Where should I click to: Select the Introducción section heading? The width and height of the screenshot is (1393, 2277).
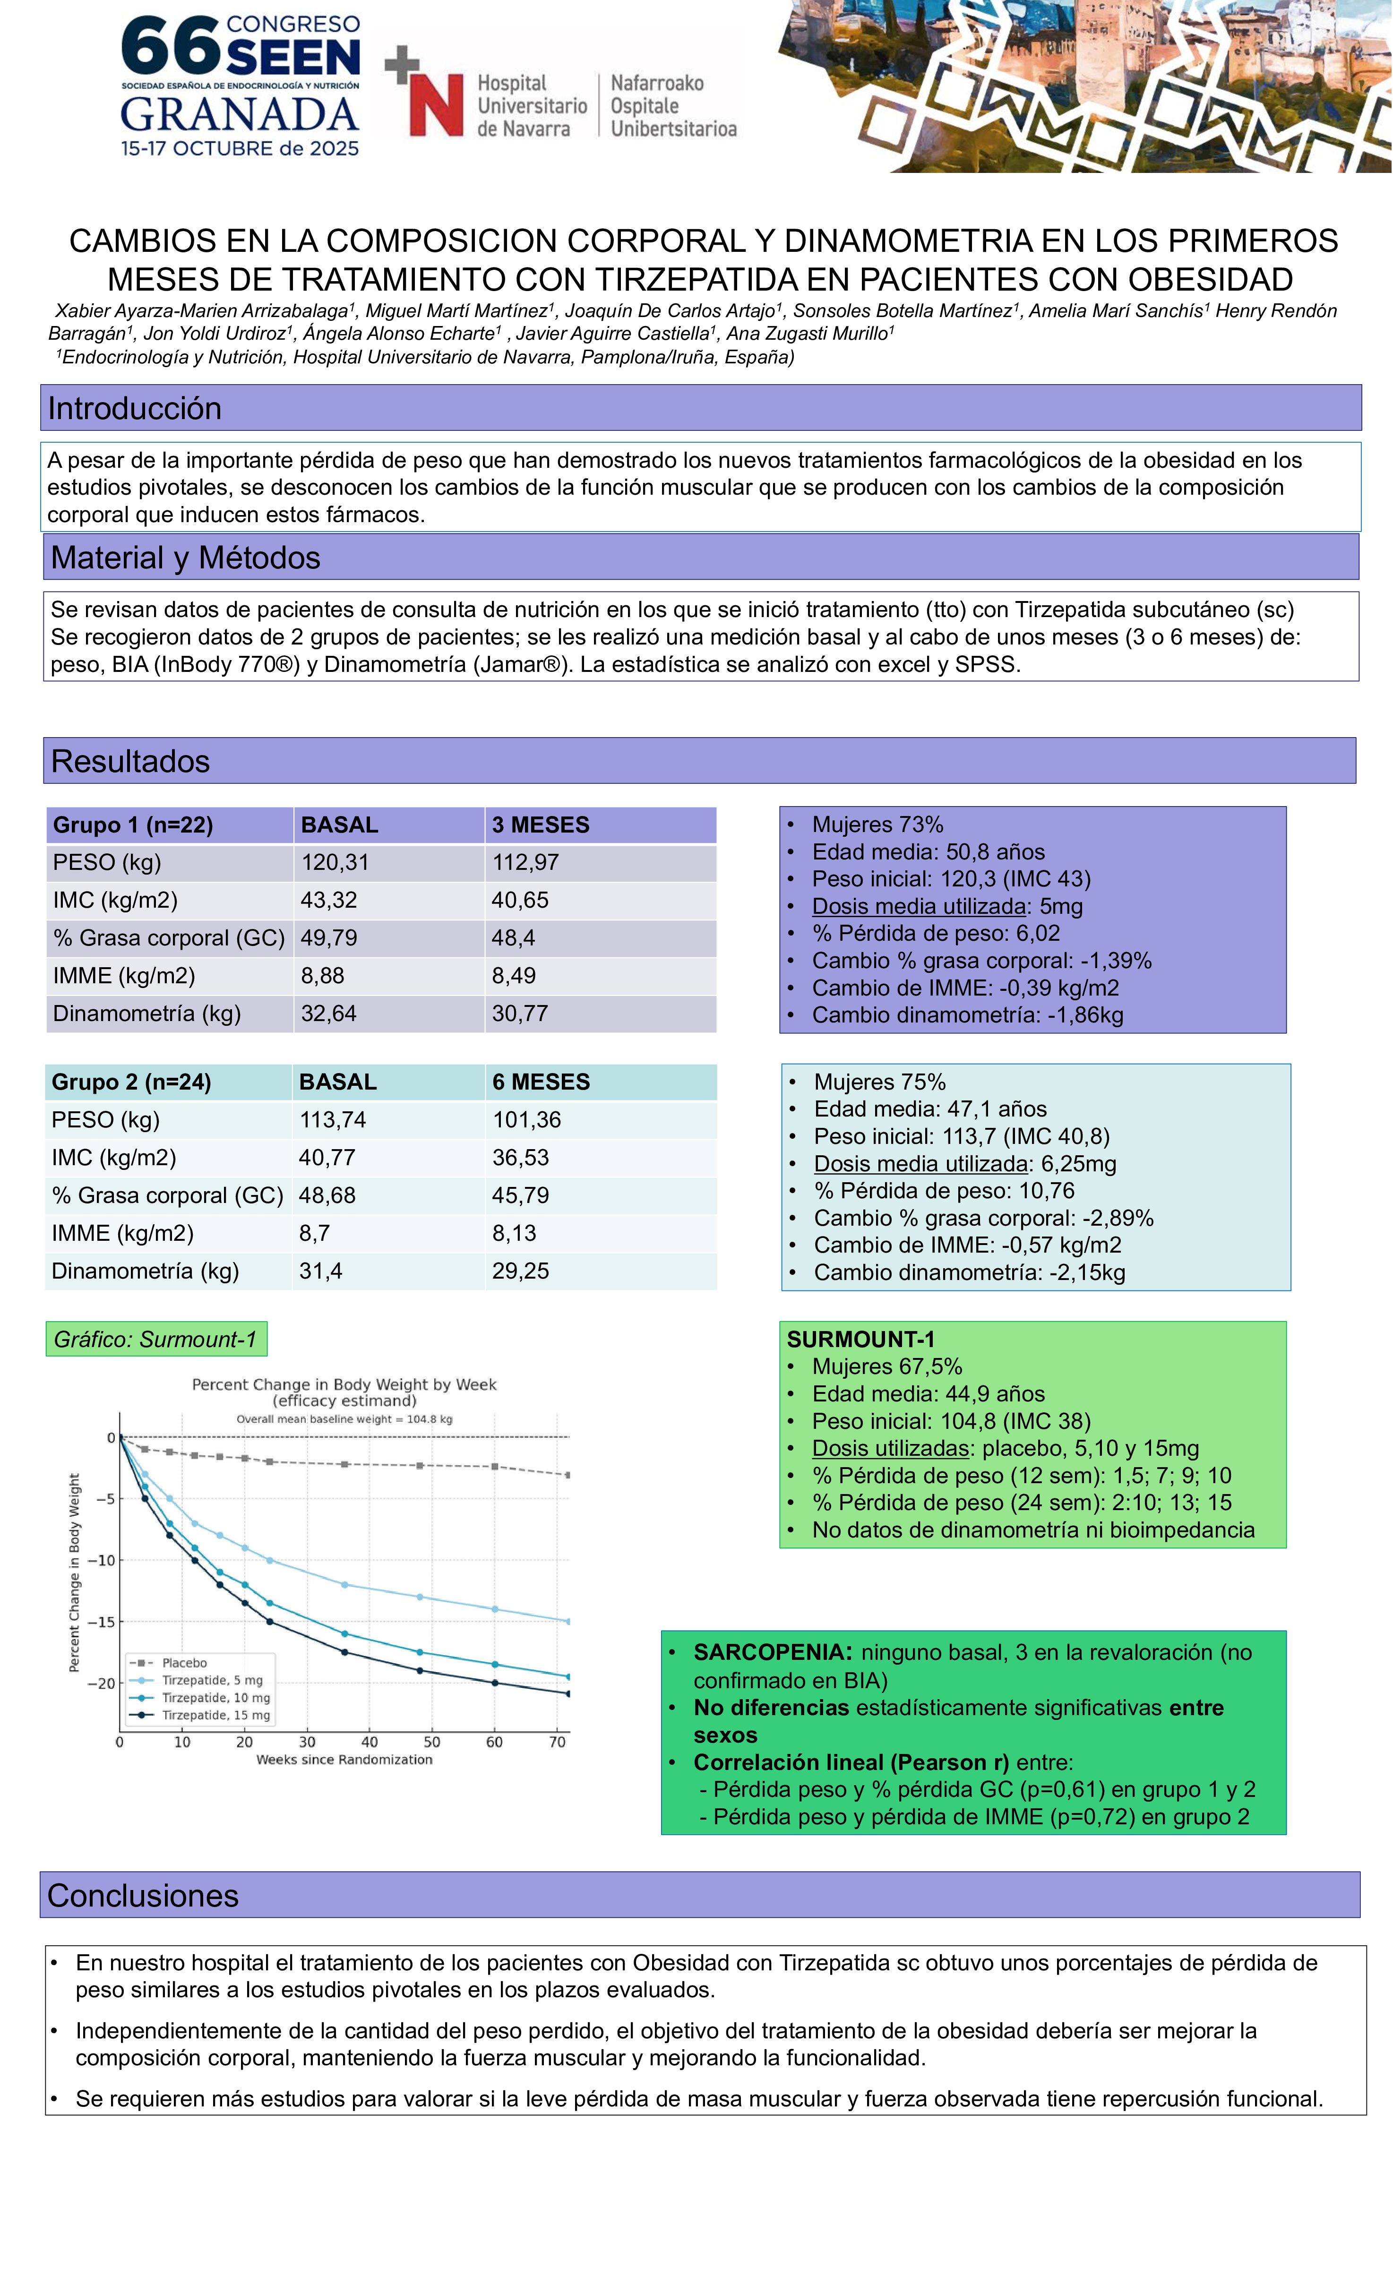click(x=135, y=408)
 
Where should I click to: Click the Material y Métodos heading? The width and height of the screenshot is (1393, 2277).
click(x=186, y=558)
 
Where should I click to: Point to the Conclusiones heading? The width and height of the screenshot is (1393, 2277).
click(x=143, y=1895)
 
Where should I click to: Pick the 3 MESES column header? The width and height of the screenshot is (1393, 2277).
click(x=541, y=825)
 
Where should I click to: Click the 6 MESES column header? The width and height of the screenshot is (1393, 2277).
click(x=541, y=1082)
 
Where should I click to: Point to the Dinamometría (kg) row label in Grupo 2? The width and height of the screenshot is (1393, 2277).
click(x=145, y=1272)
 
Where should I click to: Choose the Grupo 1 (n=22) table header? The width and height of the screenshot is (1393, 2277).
click(x=133, y=825)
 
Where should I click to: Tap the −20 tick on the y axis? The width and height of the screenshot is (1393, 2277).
click(x=101, y=1684)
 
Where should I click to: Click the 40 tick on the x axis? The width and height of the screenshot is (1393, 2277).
click(x=370, y=1743)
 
